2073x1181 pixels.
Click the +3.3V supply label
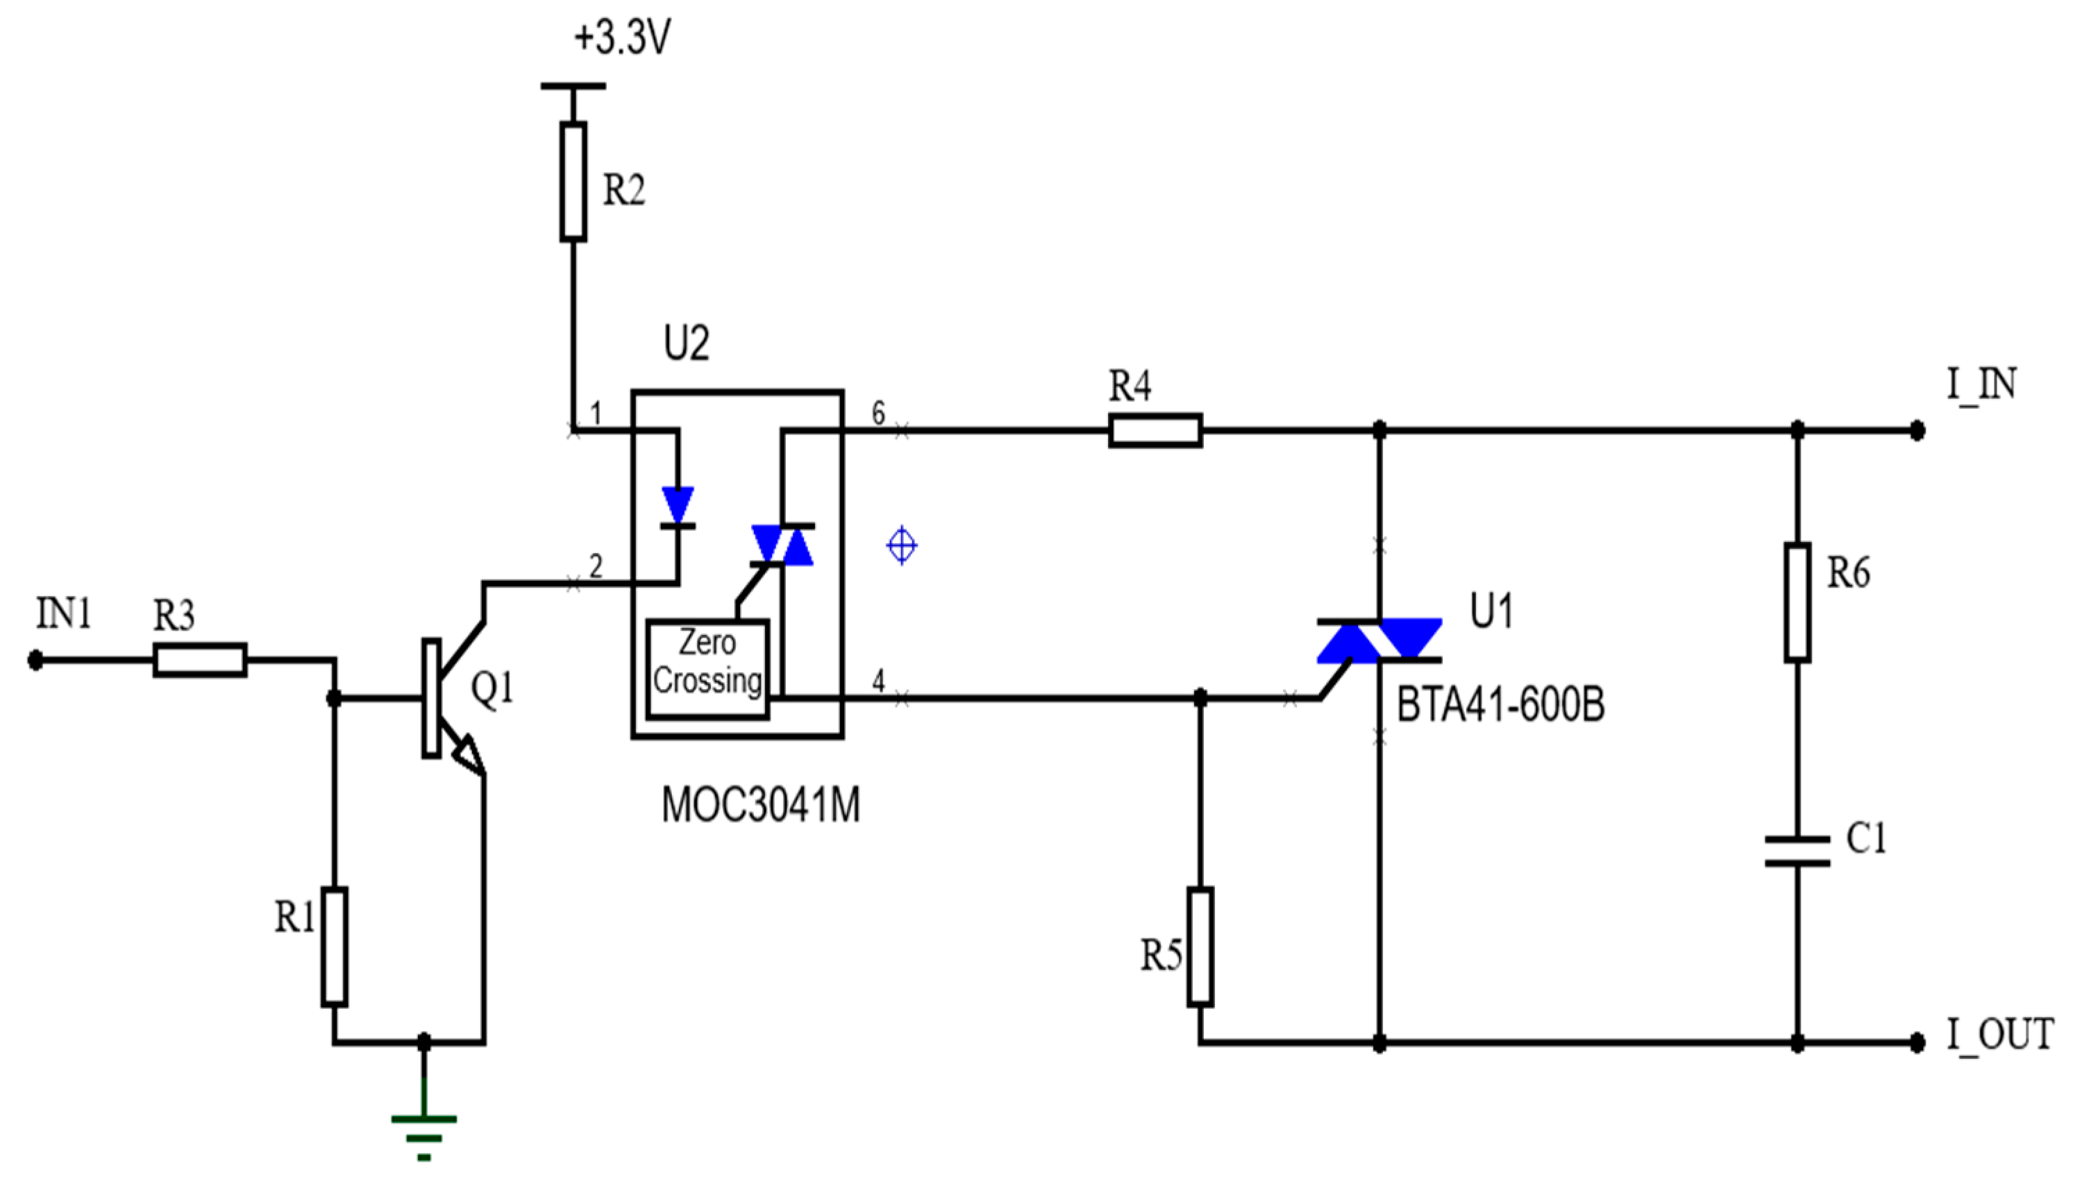622,37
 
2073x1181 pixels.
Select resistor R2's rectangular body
573,182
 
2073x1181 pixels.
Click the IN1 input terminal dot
35,661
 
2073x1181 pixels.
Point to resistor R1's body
334,947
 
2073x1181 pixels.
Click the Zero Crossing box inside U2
707,669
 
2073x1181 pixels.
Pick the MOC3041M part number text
760,806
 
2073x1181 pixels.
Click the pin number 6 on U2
878,414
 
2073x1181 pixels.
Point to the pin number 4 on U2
878,681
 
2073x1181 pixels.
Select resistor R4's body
1155,430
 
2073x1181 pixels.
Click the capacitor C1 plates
1797,851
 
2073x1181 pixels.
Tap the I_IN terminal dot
1917,431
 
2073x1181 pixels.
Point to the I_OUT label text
2000,1035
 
